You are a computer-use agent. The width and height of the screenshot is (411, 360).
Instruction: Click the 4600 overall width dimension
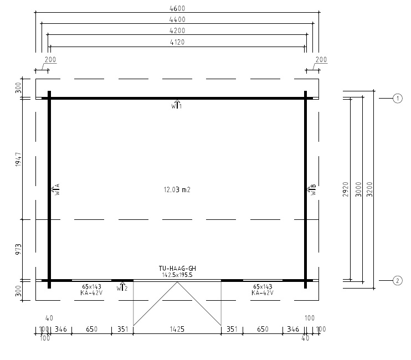click(177, 8)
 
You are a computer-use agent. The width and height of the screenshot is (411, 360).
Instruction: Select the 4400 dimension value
click(177, 19)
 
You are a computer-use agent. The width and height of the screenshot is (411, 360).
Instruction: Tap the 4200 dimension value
click(177, 31)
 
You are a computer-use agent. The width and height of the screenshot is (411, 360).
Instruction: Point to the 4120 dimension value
click(177, 42)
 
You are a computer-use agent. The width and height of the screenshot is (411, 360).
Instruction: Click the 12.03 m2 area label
click(177, 189)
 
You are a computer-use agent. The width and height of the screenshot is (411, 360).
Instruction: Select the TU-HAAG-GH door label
click(177, 268)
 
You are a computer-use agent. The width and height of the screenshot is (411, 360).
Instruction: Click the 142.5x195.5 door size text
click(177, 275)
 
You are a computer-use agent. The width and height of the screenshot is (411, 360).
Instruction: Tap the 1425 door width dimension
click(177, 329)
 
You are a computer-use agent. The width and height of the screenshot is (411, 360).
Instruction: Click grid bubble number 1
click(398, 99)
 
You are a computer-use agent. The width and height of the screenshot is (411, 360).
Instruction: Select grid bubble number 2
click(398, 281)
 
